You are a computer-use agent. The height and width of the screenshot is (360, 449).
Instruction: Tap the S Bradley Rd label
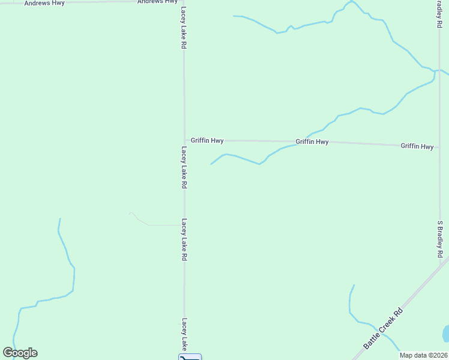pyautogui.click(x=440, y=239)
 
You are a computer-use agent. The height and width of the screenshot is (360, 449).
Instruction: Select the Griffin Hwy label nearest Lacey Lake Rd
pyautogui.click(x=207, y=140)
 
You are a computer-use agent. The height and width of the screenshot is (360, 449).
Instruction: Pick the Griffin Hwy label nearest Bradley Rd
pyautogui.click(x=417, y=146)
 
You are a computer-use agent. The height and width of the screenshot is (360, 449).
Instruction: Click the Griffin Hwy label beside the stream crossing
pyautogui.click(x=312, y=142)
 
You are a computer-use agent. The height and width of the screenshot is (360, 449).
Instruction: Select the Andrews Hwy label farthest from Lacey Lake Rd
pyautogui.click(x=44, y=3)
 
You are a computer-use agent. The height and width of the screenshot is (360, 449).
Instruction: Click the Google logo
pyautogui.click(x=20, y=353)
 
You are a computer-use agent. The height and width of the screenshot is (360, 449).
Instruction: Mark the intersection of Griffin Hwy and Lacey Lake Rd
pyautogui.click(x=184, y=140)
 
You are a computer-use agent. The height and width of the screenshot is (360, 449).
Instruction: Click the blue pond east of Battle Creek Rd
pyautogui.click(x=445, y=334)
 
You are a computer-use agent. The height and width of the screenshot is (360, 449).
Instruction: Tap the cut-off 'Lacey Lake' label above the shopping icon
pyautogui.click(x=185, y=334)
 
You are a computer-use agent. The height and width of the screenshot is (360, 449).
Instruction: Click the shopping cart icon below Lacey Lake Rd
pyautogui.click(x=190, y=357)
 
